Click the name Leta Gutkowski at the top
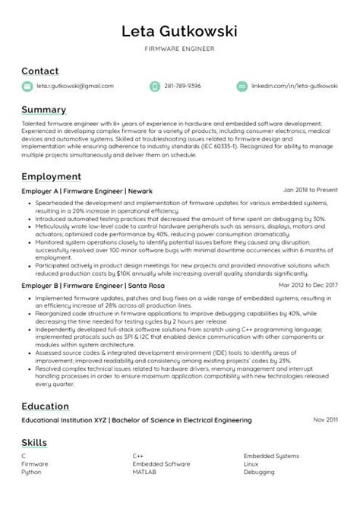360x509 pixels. coord(179,31)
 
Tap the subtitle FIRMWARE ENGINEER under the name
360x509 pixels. coord(179,49)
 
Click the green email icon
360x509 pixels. coord(27,87)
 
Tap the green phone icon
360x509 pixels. coord(156,87)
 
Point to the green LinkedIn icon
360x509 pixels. coord(242,87)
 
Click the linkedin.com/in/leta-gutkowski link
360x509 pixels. coord(294,87)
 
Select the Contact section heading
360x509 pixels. coord(39,71)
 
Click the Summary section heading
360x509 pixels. coord(44,109)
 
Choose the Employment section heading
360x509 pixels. coord(52,176)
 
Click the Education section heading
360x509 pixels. coord(47,406)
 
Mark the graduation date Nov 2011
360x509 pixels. coord(324,419)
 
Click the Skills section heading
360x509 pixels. coord(34,442)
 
